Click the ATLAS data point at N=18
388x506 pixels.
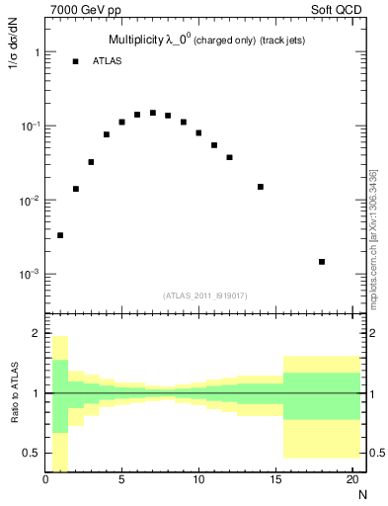point(322,262)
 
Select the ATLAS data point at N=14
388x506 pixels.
point(261,187)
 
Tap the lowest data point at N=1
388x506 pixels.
point(60,235)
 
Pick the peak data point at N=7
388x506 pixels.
point(153,113)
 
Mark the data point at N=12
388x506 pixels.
point(229,157)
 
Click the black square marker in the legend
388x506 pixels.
point(75,61)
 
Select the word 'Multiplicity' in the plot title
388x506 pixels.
point(137,41)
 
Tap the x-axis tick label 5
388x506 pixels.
point(122,480)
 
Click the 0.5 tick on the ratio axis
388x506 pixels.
point(32,453)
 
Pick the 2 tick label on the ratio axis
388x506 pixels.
point(36,333)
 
